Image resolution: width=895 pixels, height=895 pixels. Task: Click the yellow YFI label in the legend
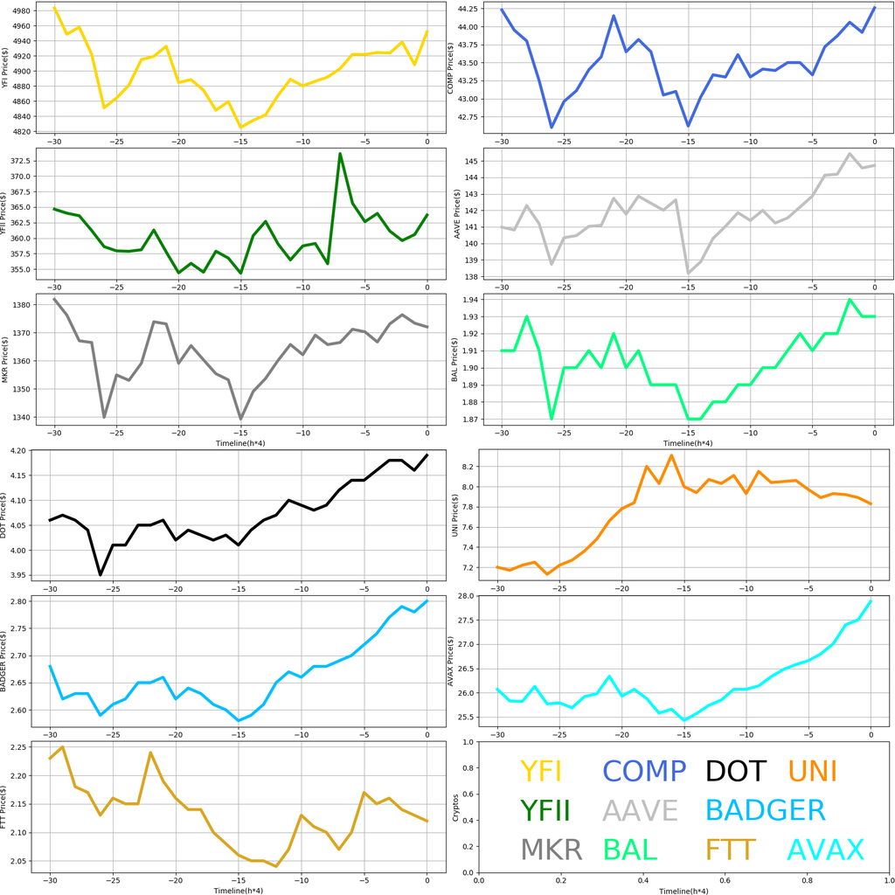point(540,771)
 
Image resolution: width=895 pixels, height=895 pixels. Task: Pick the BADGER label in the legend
point(765,810)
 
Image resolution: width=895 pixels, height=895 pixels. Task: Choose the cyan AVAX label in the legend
point(826,850)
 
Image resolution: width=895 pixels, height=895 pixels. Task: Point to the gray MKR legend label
point(551,850)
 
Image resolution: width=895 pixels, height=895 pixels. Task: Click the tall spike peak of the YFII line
point(340,154)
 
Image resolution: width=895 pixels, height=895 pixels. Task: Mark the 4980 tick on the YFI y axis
point(20,11)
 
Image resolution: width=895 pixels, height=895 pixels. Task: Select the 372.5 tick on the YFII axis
point(20,161)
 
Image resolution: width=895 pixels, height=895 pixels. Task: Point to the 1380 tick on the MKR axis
point(20,305)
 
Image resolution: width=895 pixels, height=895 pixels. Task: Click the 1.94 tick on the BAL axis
point(468,300)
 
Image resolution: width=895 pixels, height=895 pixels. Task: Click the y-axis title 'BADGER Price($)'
point(6,661)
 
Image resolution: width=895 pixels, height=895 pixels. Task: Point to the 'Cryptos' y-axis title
point(454,807)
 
